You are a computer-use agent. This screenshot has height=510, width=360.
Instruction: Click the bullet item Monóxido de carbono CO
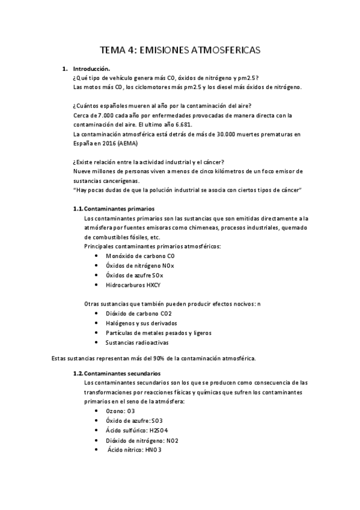[131, 256]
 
